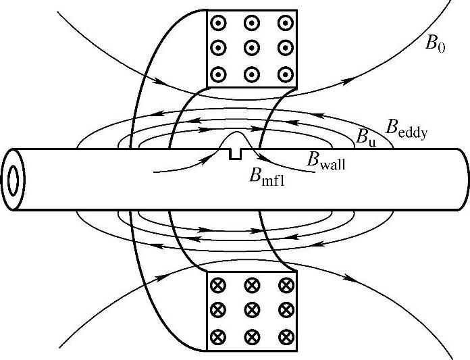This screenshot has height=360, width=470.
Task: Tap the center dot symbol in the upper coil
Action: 251,47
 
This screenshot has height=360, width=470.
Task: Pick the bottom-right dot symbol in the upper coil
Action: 284,74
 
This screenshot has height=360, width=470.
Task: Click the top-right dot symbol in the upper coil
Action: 284,22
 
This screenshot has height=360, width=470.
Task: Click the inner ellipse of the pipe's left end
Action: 14,179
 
